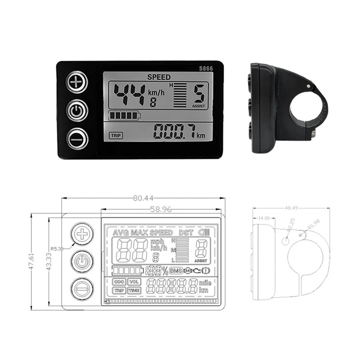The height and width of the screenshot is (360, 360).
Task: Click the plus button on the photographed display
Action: pos(77,82)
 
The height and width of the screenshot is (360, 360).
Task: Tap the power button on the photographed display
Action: pos(77,110)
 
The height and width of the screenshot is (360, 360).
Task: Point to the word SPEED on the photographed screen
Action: pos(159,77)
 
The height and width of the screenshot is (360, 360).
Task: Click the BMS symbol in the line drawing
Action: pos(176,270)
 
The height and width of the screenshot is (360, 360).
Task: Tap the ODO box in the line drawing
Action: pos(119,282)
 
